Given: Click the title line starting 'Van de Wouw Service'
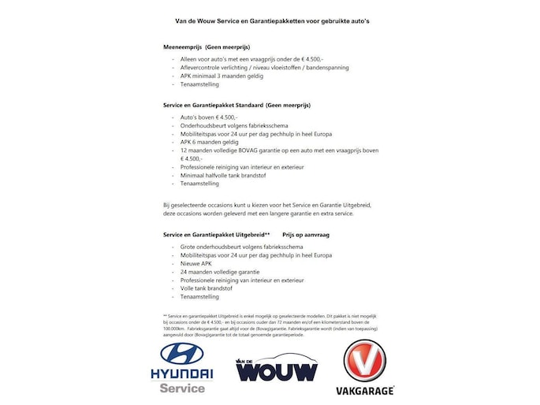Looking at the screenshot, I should [x=272, y=21].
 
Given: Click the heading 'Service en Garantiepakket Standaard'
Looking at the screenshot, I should [x=236, y=105].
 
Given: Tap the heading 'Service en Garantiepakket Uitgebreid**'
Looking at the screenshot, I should [x=216, y=235].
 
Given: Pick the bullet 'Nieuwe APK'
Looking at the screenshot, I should [x=197, y=263].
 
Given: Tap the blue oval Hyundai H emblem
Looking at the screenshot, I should [x=182, y=353].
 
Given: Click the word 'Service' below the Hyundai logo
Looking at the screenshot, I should [x=182, y=388].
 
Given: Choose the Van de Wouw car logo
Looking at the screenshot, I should [x=277, y=369].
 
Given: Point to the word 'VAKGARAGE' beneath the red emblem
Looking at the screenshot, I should [x=364, y=391].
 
